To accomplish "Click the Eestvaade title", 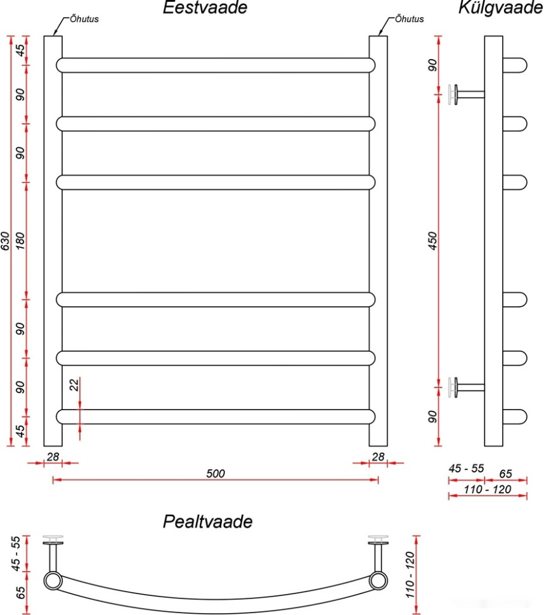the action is (x=205, y=7).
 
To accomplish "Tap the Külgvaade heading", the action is (x=500, y=8).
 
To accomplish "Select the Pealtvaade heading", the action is (x=207, y=521).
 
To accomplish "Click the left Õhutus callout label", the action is (x=84, y=19).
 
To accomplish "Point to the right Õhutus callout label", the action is (x=409, y=19).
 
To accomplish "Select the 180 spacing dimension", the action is (x=20, y=241).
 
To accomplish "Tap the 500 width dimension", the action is (x=216, y=474).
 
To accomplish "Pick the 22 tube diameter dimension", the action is (x=74, y=384).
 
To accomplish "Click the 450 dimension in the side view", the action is (x=432, y=241).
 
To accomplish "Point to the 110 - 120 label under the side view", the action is (x=488, y=489).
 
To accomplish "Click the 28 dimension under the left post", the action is (x=53, y=456).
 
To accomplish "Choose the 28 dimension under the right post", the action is (x=378, y=456).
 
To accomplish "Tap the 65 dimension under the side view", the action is (x=505, y=474).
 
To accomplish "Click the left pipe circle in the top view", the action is (x=53, y=581).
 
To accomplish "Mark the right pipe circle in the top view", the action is (x=378, y=581).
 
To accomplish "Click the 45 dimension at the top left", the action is (x=20, y=50).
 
